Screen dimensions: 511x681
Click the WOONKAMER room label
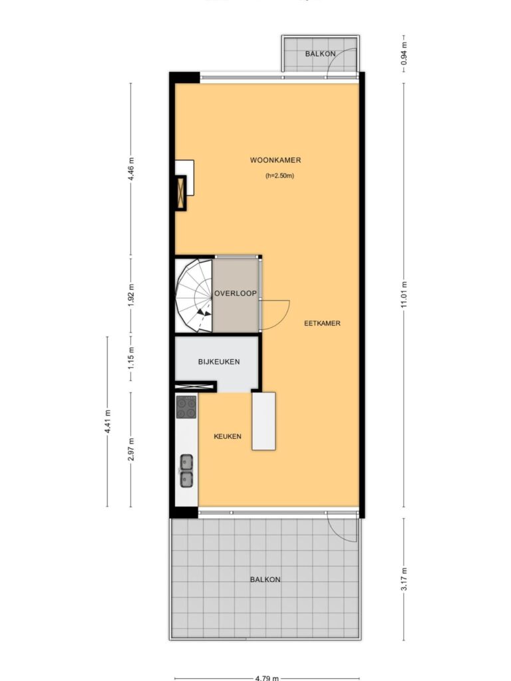pyautogui.click(x=275, y=160)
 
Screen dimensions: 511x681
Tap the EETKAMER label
pyautogui.click(x=322, y=323)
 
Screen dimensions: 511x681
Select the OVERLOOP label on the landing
pyautogui.click(x=236, y=293)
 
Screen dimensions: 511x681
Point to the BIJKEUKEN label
pyautogui.click(x=219, y=362)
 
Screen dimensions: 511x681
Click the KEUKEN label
pyautogui.click(x=228, y=436)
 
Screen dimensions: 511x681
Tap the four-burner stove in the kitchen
pyautogui.click(x=186, y=407)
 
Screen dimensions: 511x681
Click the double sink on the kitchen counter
pyautogui.click(x=186, y=471)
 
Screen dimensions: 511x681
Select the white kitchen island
pyautogui.click(x=263, y=421)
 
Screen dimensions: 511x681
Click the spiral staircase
pyautogui.click(x=194, y=296)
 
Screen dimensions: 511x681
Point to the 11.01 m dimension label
pyautogui.click(x=404, y=295)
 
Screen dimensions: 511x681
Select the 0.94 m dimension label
pyautogui.click(x=404, y=53)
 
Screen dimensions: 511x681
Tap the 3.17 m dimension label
pyautogui.click(x=404, y=579)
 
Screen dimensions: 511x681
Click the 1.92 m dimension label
pyautogui.click(x=131, y=295)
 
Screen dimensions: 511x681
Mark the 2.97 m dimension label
pyautogui.click(x=131, y=449)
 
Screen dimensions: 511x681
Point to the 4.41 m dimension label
pyautogui.click(x=108, y=421)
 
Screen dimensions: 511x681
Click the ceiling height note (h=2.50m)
pyautogui.click(x=280, y=176)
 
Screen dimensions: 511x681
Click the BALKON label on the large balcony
pyautogui.click(x=265, y=579)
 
